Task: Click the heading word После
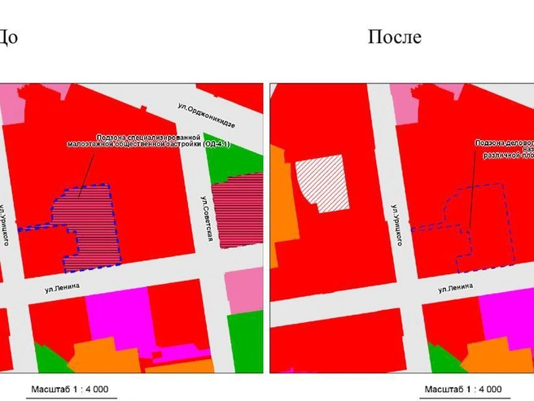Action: pos(395,37)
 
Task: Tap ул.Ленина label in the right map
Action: pos(457,289)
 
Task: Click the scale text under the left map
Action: pos(72,388)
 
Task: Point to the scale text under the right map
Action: pos(464,388)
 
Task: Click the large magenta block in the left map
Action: pos(119,313)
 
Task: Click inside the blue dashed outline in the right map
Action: pos(480,228)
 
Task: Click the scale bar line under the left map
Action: pos(72,397)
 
